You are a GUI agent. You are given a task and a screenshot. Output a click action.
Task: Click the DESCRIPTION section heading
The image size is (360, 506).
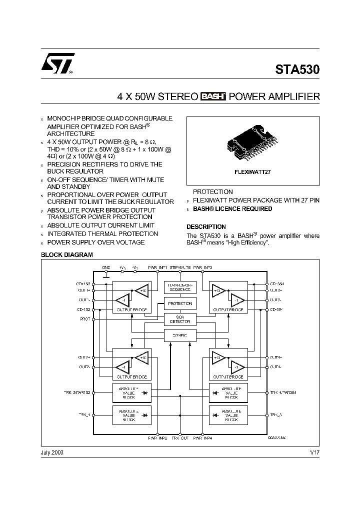coord(206,226)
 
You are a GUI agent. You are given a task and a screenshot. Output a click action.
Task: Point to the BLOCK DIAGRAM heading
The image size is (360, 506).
coord(66,255)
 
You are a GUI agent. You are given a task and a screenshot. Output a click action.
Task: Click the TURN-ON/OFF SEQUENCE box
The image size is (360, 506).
coord(180,287)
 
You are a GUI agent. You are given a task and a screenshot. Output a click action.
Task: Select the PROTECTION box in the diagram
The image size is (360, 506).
coord(180,303)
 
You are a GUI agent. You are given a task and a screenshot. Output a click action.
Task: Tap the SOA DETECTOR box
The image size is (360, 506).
coord(180,319)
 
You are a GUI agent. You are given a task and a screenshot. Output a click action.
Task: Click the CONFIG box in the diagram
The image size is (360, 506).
coord(180,335)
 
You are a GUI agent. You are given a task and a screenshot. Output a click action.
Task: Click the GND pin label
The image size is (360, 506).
coord(106,267)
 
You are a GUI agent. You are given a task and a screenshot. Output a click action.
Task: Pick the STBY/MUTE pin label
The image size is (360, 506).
coord(180,267)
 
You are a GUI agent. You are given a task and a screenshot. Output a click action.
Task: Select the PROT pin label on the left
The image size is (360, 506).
coord(84,319)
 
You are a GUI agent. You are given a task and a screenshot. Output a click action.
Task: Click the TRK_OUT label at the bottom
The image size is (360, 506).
coord(180,438)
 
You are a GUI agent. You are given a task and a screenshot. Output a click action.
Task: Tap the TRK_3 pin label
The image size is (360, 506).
coord(276,415)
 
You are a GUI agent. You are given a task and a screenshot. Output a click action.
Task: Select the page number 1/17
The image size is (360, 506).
coord(314,452)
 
